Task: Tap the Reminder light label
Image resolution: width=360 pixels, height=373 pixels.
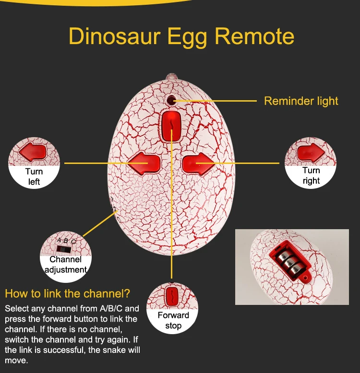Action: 301,101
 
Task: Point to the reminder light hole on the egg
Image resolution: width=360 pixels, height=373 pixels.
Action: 171,100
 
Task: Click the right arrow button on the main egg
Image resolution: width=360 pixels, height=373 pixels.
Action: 197,163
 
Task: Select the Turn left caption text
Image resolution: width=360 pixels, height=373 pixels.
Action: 34,176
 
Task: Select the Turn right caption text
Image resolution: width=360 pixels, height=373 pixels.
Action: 311,175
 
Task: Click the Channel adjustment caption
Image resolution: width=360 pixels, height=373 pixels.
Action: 66,264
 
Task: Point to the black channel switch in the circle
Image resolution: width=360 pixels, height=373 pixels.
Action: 62,249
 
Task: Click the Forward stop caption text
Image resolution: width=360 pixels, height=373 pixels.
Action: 173,320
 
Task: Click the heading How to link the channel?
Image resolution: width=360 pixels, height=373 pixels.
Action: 68,293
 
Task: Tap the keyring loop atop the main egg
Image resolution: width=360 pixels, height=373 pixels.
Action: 171,76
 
